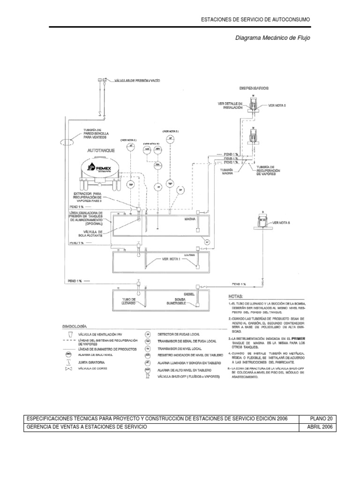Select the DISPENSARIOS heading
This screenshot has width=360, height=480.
point(254,88)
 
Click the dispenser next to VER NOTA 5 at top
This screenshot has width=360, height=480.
point(254,106)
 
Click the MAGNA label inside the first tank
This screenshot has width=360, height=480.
point(190,218)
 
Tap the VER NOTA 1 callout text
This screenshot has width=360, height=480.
point(172,258)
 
